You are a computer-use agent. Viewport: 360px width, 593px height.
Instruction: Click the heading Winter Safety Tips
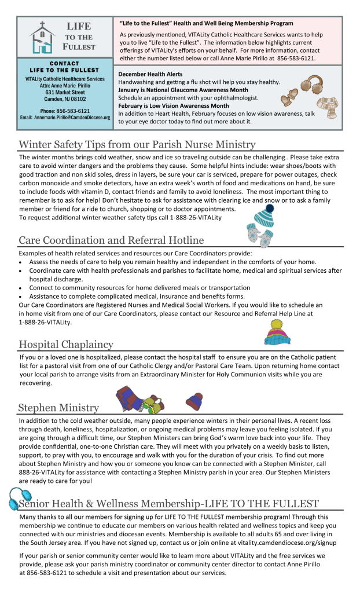coord(137,144)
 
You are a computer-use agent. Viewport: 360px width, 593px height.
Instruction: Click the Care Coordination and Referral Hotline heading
coord(111,240)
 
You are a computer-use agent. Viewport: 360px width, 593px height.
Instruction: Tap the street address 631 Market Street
coord(65,92)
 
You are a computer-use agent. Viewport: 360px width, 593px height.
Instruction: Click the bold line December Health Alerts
coord(150,75)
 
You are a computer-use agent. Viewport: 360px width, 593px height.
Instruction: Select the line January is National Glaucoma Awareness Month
coord(183,90)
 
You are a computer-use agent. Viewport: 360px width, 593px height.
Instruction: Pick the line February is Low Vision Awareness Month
coord(173,106)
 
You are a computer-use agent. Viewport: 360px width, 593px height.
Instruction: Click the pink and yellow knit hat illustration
coord(277,331)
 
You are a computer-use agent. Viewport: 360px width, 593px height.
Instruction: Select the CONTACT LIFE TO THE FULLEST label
coord(65,67)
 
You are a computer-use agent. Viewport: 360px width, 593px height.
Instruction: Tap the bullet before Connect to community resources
coord(21,288)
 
